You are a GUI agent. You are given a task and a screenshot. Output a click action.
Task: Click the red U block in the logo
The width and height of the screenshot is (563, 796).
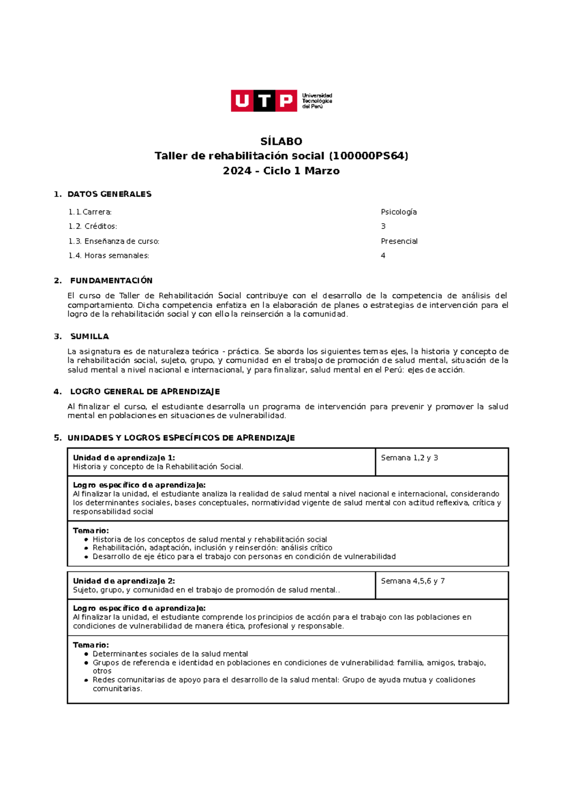pyautogui.click(x=242, y=101)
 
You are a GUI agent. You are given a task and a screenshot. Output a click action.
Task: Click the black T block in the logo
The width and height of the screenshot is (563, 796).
pyautogui.click(x=264, y=101)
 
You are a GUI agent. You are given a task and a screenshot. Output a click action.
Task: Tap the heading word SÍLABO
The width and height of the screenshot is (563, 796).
pyautogui.click(x=281, y=141)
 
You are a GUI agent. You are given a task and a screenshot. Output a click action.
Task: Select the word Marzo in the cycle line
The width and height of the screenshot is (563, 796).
pyautogui.click(x=322, y=171)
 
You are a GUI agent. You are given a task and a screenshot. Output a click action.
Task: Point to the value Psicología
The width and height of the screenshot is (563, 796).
pyautogui.click(x=398, y=212)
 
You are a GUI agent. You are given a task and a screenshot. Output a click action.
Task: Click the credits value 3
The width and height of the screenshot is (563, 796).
pyautogui.click(x=383, y=226)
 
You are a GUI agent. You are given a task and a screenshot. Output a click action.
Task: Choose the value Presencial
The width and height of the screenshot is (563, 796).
pyautogui.click(x=399, y=241)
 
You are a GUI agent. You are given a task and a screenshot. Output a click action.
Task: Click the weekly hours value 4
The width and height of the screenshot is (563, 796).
pyautogui.click(x=383, y=255)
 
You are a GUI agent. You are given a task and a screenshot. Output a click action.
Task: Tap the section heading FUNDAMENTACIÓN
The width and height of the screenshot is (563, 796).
pyautogui.click(x=111, y=280)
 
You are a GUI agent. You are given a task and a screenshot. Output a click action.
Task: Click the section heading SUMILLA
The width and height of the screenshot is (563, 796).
pyautogui.click(x=89, y=336)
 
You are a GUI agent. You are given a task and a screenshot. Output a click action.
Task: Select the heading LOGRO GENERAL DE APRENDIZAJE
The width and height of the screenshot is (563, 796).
pyautogui.click(x=145, y=391)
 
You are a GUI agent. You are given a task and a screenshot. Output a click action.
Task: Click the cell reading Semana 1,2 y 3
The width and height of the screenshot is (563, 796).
pyautogui.click(x=409, y=458)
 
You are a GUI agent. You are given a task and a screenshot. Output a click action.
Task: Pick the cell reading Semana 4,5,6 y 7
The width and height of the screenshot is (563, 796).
pyautogui.click(x=412, y=581)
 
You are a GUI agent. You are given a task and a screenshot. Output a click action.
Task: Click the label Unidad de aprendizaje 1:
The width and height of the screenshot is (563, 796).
pyautogui.click(x=124, y=458)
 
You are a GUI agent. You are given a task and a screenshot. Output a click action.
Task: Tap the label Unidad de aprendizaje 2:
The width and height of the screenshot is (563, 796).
pyautogui.click(x=124, y=581)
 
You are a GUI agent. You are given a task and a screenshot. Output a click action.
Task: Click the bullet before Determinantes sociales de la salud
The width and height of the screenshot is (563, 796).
pyautogui.click(x=86, y=654)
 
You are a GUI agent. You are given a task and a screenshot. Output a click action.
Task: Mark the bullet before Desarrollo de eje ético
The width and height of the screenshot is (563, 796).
pyautogui.click(x=86, y=557)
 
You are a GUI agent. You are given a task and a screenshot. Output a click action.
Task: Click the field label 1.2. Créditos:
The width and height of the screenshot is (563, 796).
pyautogui.click(x=92, y=226)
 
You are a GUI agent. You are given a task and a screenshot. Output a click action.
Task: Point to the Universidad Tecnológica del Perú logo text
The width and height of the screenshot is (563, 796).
pyautogui.click(x=317, y=101)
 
